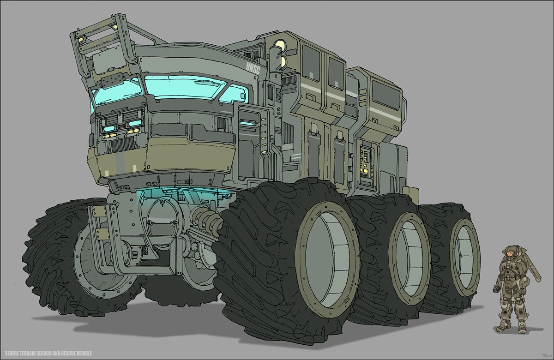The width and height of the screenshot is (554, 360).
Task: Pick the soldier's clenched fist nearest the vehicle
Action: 496,289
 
